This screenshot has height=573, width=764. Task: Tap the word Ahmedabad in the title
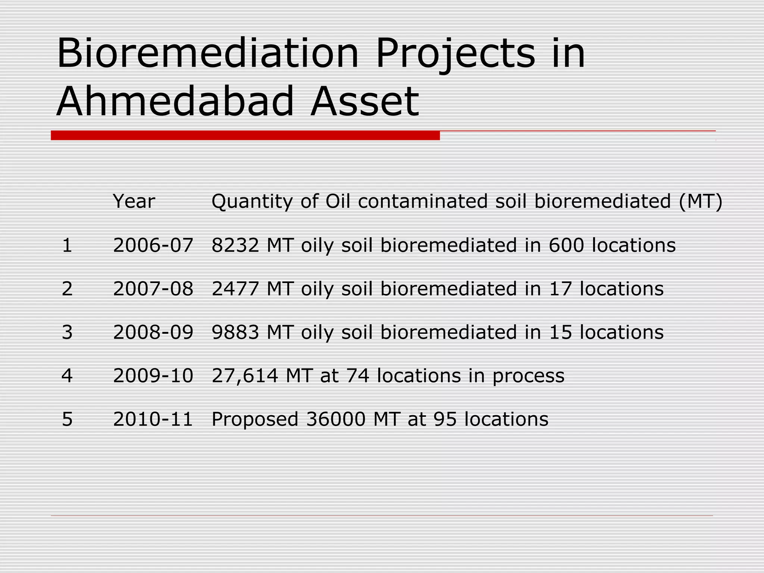click(x=175, y=101)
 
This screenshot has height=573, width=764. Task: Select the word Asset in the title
click(x=365, y=101)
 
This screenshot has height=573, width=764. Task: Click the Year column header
click(x=134, y=202)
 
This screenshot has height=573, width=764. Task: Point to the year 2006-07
click(x=153, y=245)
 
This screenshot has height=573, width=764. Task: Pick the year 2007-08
click(x=153, y=289)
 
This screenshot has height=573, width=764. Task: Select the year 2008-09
click(x=153, y=332)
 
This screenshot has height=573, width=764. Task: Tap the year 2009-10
click(x=153, y=376)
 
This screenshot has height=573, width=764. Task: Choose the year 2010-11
click(x=153, y=419)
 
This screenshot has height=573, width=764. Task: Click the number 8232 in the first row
click(x=235, y=245)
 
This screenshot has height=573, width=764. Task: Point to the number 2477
click(x=235, y=289)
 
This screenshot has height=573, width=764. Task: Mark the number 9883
click(x=235, y=332)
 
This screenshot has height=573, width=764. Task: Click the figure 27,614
click(x=245, y=376)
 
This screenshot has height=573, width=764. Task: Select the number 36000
click(x=336, y=419)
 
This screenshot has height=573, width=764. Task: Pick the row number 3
click(x=67, y=332)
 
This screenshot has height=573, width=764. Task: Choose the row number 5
click(x=67, y=419)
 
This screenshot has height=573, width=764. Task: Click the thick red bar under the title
click(x=245, y=135)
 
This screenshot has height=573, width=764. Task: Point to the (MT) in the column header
click(x=700, y=202)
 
